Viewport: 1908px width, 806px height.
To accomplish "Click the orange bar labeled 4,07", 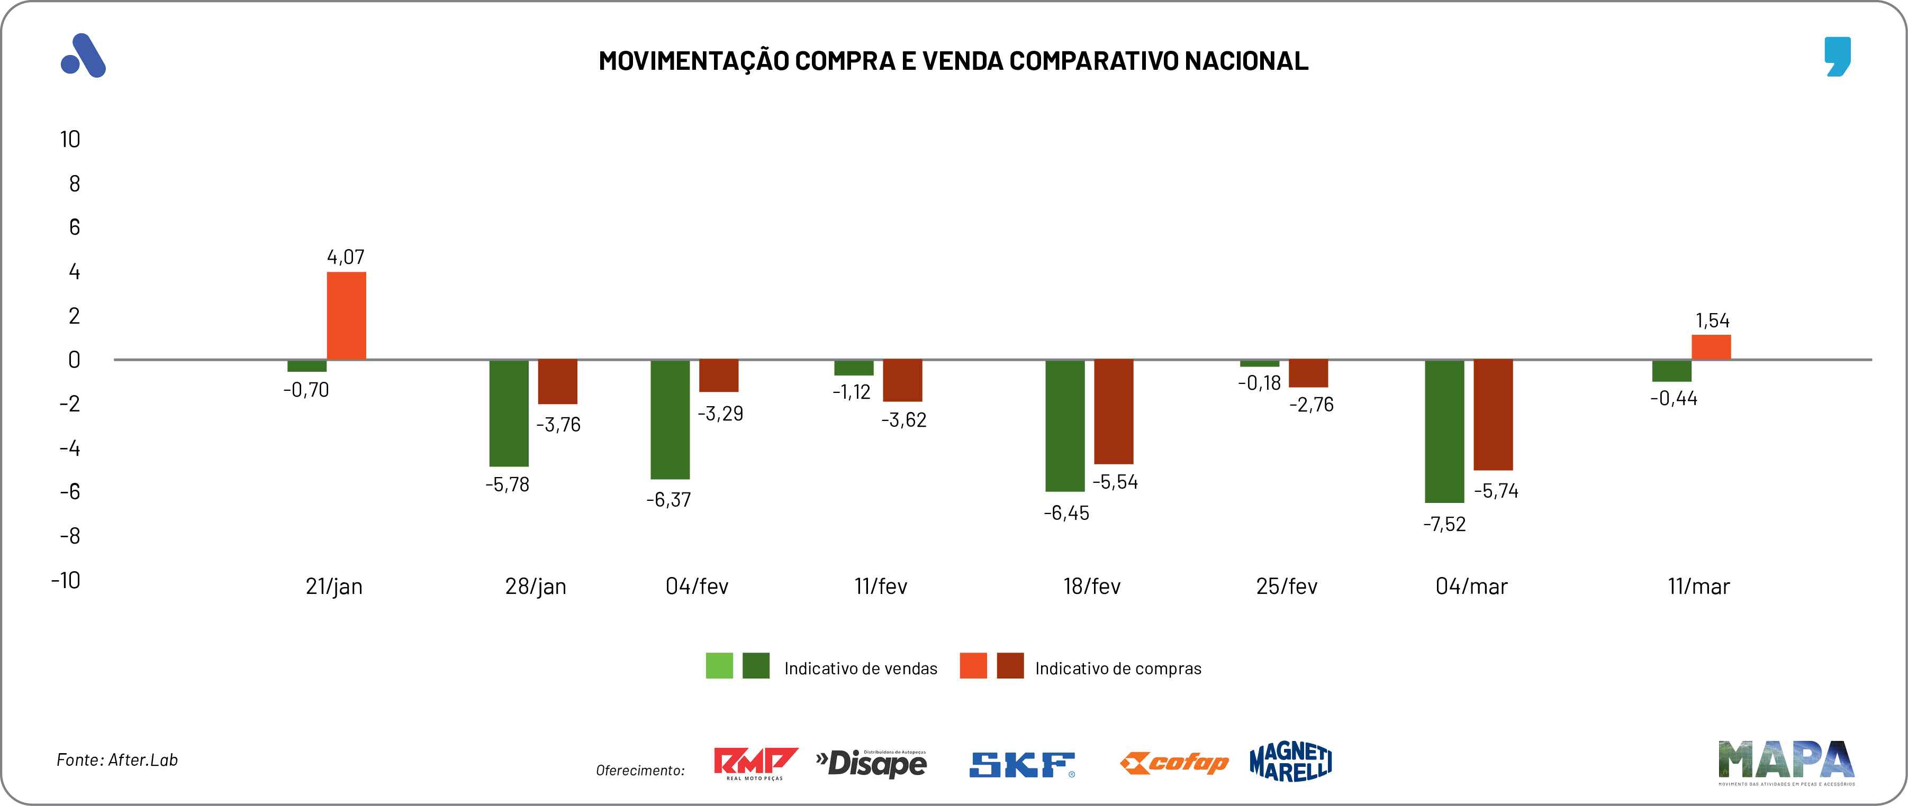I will (347, 316).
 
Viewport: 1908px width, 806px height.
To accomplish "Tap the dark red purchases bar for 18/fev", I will (1113, 411).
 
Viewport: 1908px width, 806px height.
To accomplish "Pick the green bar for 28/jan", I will (509, 413).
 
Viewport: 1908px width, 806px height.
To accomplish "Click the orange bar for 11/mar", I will (1711, 347).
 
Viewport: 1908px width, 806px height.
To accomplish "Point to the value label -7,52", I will (1444, 524).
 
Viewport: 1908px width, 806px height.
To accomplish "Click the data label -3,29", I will (720, 413).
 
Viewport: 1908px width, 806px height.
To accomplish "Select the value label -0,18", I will (1259, 383).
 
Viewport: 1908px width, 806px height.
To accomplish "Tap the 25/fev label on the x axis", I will (1287, 586).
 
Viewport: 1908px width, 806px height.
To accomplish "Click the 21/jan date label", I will (334, 586).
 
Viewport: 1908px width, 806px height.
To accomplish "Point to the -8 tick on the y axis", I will (70, 536).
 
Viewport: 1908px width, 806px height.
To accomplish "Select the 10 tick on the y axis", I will (70, 139).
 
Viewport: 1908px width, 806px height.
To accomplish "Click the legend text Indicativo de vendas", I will (861, 668).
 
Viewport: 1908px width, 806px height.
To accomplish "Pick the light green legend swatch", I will (719, 665).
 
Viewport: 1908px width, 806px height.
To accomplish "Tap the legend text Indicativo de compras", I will (1118, 668).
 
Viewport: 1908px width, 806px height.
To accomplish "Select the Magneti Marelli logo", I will (1290, 762).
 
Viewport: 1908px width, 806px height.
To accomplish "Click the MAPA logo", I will (1786, 761).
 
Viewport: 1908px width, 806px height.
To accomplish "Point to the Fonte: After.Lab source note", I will (117, 760).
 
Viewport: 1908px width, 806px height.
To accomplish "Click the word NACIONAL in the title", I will (1246, 61).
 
